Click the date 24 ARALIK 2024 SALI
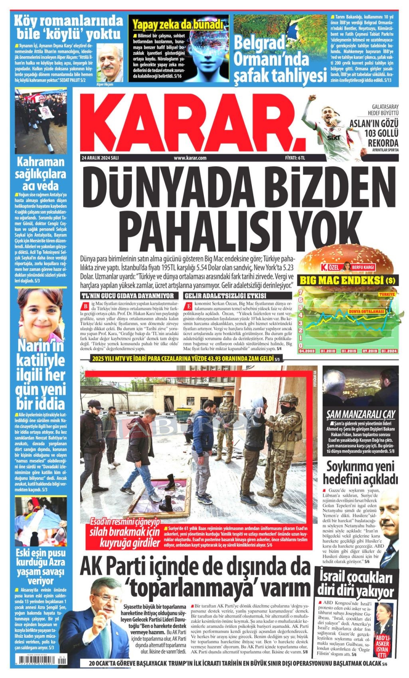coord(100,158)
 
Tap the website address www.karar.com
coord(190,158)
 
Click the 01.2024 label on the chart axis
coord(389,351)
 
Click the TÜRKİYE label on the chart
coord(387,294)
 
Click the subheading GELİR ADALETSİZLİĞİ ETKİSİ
coord(225,296)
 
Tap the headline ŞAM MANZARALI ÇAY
coord(360,414)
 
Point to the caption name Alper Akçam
coord(105,84)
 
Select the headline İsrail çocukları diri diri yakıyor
coord(356,585)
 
